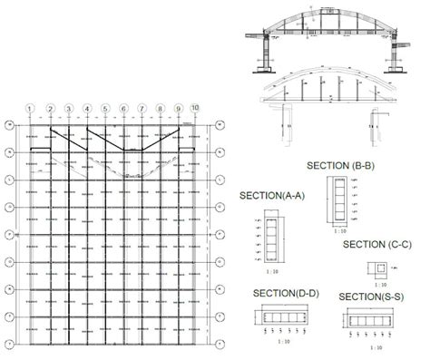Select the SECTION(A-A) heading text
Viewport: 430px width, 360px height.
point(271,195)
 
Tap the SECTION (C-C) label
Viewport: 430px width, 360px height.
point(377,245)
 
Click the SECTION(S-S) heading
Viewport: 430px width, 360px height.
point(372,297)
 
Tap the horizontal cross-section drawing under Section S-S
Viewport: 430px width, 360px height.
point(369,320)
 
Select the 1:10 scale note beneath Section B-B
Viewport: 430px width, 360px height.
point(339,236)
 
